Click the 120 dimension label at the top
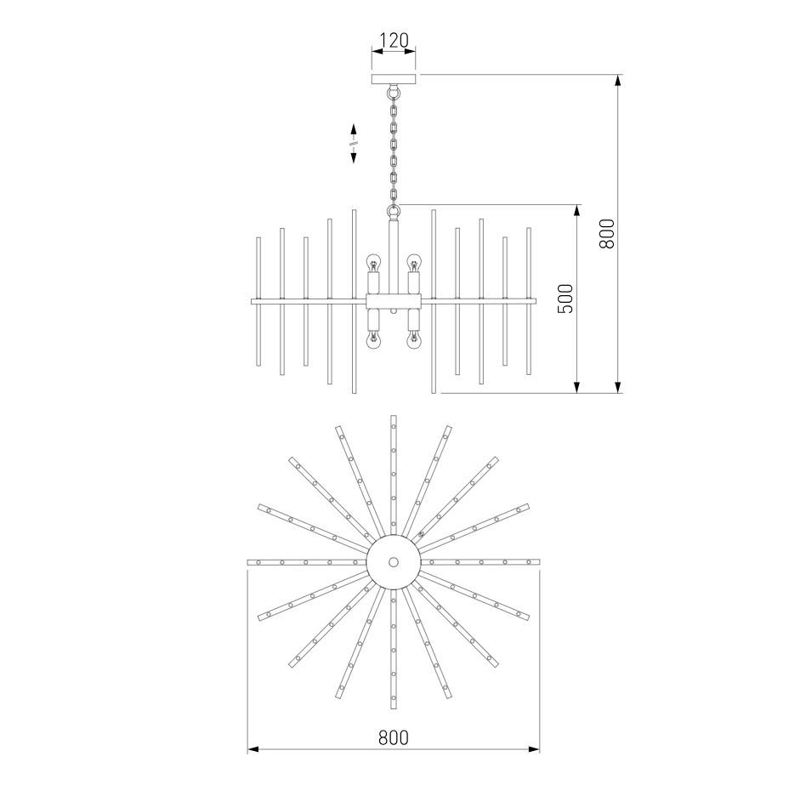394,40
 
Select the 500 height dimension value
565,299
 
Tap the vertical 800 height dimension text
607,234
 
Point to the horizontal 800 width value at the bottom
394,737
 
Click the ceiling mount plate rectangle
394,79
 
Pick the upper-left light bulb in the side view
373,262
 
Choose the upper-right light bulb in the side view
413,262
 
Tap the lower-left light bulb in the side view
373,339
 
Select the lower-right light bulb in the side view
413,339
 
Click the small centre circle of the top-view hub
394,561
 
